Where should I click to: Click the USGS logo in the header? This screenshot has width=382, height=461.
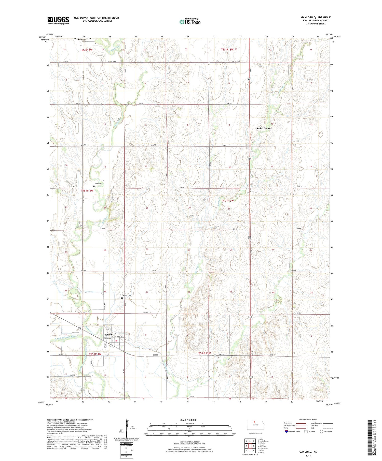point(58,20)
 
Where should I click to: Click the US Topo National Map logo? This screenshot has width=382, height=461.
point(190,22)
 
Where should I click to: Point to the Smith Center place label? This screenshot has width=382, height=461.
point(264,128)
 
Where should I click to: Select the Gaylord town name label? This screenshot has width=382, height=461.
point(107,335)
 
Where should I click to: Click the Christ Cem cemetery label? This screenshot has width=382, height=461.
point(98,184)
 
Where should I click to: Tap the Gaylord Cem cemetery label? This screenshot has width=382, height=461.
point(126,296)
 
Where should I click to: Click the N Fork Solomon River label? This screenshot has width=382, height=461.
point(65,336)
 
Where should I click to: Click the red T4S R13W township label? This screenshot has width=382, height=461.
point(227,201)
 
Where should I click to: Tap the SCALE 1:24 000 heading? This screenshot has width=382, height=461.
point(188,420)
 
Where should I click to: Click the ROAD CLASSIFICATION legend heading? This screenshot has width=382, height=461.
point(308,420)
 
